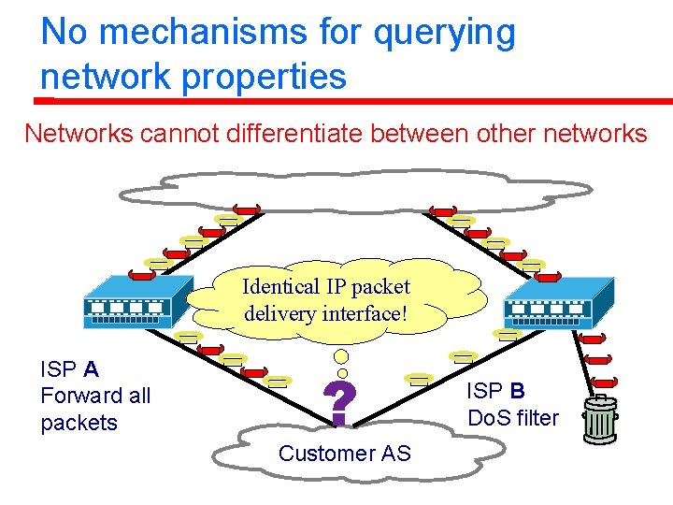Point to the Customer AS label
click(x=344, y=454)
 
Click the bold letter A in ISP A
click(x=91, y=368)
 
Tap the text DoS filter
click(x=512, y=418)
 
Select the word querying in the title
click(x=444, y=33)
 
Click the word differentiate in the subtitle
click(x=297, y=134)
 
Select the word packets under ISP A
click(x=79, y=423)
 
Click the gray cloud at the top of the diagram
click(x=355, y=190)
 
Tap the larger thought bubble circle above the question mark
click(x=342, y=356)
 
